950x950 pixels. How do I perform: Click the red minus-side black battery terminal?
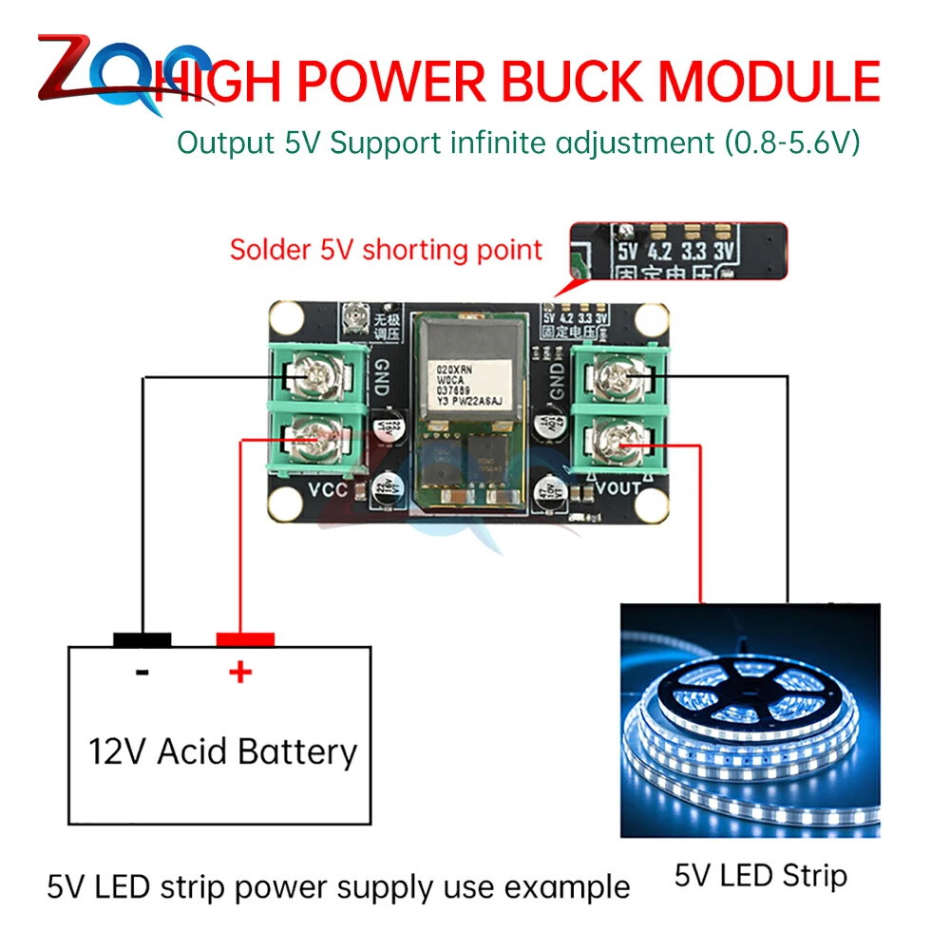pyautogui.click(x=142, y=639)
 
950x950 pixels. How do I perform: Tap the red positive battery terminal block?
pyautogui.click(x=245, y=639)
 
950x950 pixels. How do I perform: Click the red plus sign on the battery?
pyautogui.click(x=239, y=673)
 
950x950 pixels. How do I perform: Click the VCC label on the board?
pyautogui.click(x=329, y=491)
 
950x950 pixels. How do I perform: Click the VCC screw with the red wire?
pyautogui.click(x=311, y=439)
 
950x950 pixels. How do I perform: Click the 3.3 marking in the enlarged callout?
pyautogui.click(x=694, y=254)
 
